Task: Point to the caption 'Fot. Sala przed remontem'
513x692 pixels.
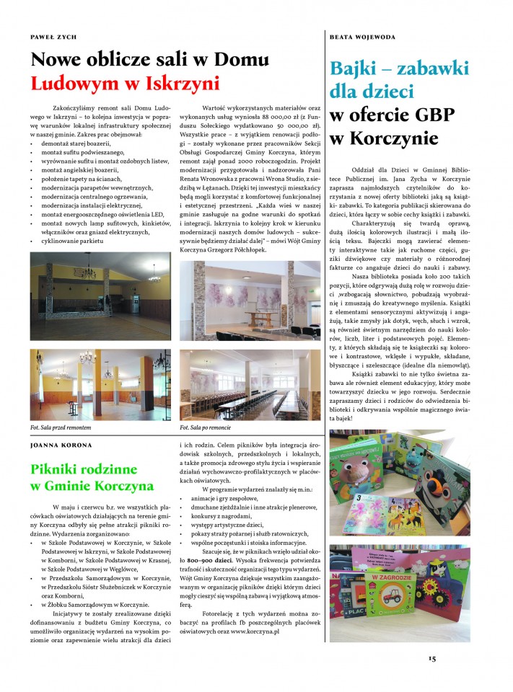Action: (x=61, y=427)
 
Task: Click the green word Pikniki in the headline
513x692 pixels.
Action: (x=58, y=469)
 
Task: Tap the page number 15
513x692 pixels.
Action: (x=431, y=657)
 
